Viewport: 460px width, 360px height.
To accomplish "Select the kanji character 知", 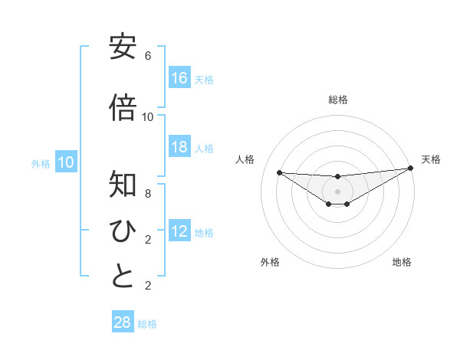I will (x=123, y=185).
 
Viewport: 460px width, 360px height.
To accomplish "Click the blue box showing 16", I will (x=179, y=77).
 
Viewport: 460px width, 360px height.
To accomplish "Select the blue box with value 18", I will (x=179, y=147).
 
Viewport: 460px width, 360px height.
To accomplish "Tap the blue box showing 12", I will (x=179, y=231).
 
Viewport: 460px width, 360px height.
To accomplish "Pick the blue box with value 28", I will (x=123, y=322).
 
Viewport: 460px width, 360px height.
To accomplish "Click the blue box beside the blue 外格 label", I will (x=66, y=162).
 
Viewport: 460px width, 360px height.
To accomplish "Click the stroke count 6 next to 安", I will (x=148, y=56).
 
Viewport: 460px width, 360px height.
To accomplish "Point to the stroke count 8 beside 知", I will (x=148, y=194).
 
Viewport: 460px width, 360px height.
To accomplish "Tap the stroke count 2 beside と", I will (x=148, y=286).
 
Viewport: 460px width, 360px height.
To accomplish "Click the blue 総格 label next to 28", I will (x=147, y=324).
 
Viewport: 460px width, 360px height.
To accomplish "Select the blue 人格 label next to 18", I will (x=203, y=149).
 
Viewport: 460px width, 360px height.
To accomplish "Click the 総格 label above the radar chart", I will (x=338, y=100).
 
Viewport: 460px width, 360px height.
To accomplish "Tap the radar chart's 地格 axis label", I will (x=402, y=262).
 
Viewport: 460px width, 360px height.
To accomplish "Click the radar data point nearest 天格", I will (x=411, y=168).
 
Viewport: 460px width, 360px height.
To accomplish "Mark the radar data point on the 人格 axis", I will (x=280, y=172).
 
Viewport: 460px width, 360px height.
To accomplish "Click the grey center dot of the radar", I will (x=338, y=191).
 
